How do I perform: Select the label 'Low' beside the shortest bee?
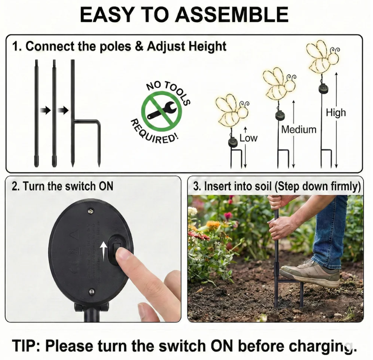(x=248, y=138)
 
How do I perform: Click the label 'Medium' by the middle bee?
(x=299, y=130)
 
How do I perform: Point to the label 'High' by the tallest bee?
(x=336, y=113)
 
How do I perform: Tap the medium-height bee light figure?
(x=278, y=83)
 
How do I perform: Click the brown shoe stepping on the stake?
(x=309, y=272)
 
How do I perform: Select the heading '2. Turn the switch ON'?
(x=62, y=186)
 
